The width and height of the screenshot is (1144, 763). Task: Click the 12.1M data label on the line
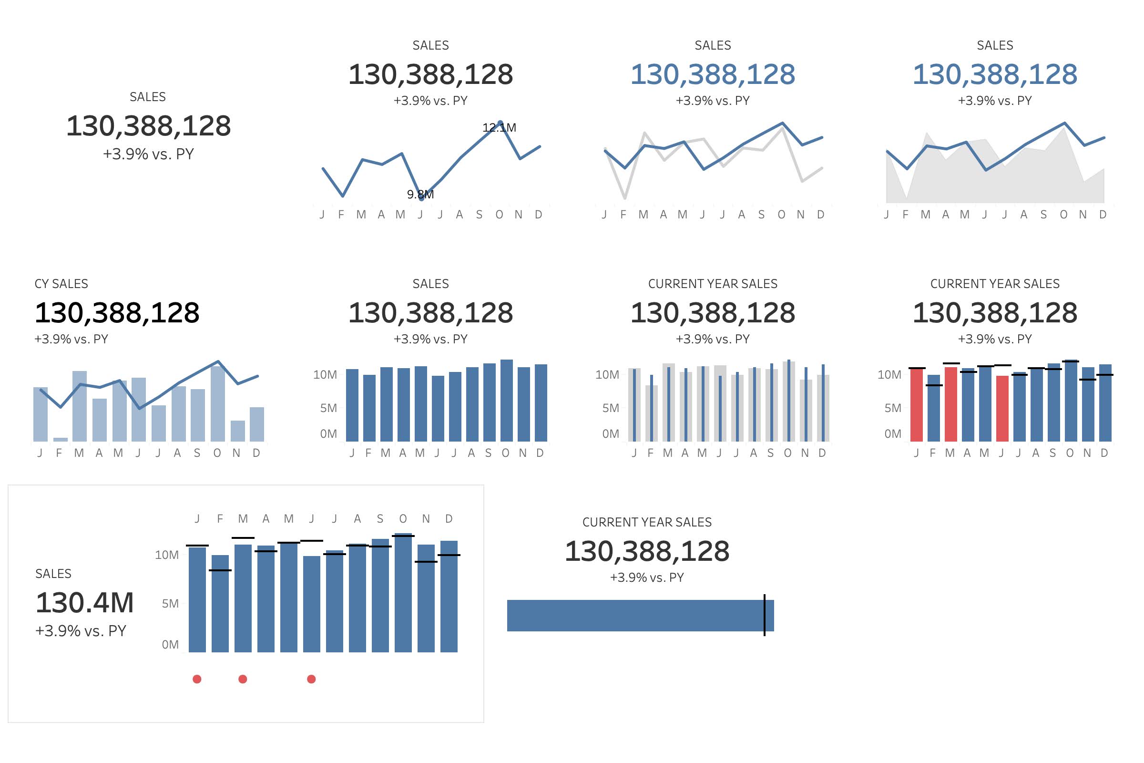(x=499, y=127)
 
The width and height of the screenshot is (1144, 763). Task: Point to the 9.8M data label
(x=420, y=194)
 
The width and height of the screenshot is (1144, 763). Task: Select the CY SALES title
(x=61, y=284)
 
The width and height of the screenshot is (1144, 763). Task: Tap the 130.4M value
(x=85, y=602)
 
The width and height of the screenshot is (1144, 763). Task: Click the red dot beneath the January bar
(x=197, y=679)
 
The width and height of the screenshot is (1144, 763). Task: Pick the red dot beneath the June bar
(x=311, y=679)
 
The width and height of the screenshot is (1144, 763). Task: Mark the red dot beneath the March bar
(x=243, y=679)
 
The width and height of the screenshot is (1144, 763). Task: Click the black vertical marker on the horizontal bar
(x=764, y=615)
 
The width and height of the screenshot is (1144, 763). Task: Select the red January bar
(x=916, y=405)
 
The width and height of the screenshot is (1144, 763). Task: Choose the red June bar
(x=1002, y=409)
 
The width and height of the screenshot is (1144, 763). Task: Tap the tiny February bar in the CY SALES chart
(x=61, y=439)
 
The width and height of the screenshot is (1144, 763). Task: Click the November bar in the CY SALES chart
(x=237, y=431)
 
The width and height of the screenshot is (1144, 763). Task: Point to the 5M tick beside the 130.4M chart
(x=170, y=603)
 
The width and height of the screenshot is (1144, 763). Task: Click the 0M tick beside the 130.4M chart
(x=170, y=644)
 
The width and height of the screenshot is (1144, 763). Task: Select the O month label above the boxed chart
(x=403, y=519)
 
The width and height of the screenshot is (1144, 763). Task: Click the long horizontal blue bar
(x=633, y=616)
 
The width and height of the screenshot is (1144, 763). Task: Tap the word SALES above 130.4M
(x=53, y=574)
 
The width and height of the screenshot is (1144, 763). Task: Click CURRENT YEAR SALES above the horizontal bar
(x=647, y=522)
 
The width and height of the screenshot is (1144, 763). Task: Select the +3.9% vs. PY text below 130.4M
(x=81, y=630)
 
